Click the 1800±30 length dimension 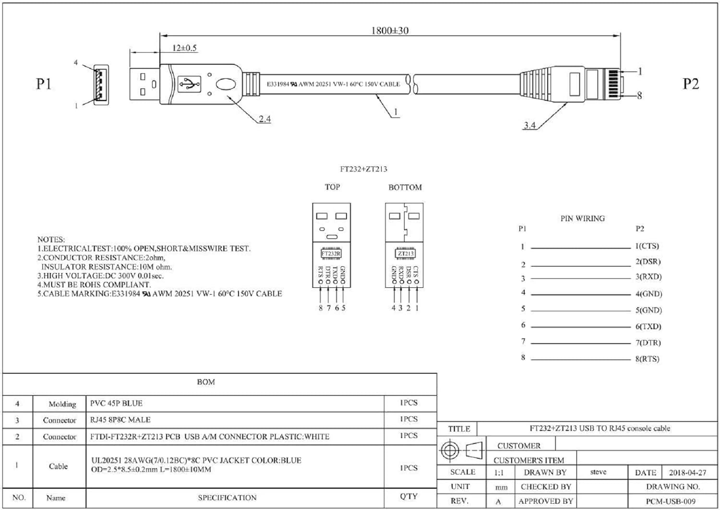(390, 31)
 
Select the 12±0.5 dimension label (184, 48)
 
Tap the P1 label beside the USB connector (44, 84)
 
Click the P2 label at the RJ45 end (690, 84)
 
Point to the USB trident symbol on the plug (189, 84)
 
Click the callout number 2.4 (264, 119)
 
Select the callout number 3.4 (529, 125)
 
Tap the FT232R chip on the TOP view (331, 253)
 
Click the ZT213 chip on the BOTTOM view (405, 253)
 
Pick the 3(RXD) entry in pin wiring (648, 277)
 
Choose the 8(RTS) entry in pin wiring (647, 359)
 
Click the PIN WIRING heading (582, 218)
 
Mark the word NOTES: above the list (51, 239)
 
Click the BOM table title (206, 382)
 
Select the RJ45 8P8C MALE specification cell (120, 420)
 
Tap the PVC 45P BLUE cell (116, 403)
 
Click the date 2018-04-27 (687, 473)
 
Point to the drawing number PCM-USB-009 (671, 501)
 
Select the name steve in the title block (598, 472)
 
